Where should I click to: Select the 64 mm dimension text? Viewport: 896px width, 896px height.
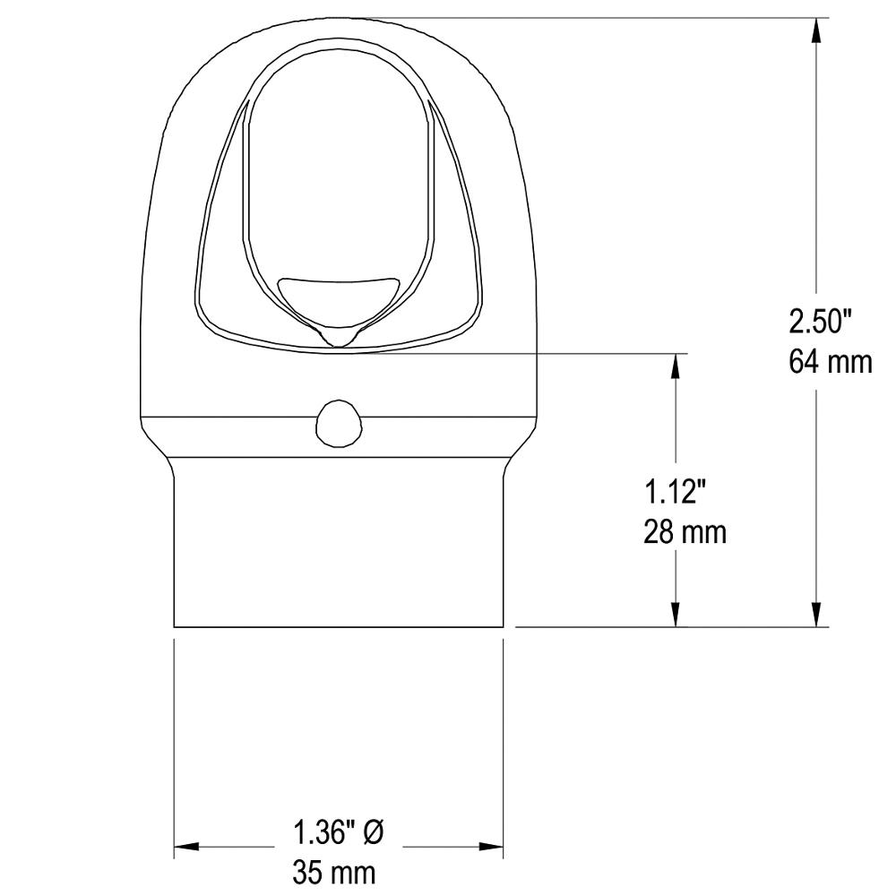click(831, 362)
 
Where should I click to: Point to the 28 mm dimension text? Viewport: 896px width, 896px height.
click(685, 531)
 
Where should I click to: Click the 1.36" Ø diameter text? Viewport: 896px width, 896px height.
click(339, 832)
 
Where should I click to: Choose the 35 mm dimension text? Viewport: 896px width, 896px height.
click(334, 872)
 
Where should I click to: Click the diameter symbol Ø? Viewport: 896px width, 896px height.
click(374, 832)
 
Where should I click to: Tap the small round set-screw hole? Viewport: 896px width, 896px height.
click(339, 423)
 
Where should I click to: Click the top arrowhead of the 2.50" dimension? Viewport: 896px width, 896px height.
click(817, 30)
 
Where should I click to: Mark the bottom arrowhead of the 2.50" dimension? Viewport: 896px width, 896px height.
click(817, 616)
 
